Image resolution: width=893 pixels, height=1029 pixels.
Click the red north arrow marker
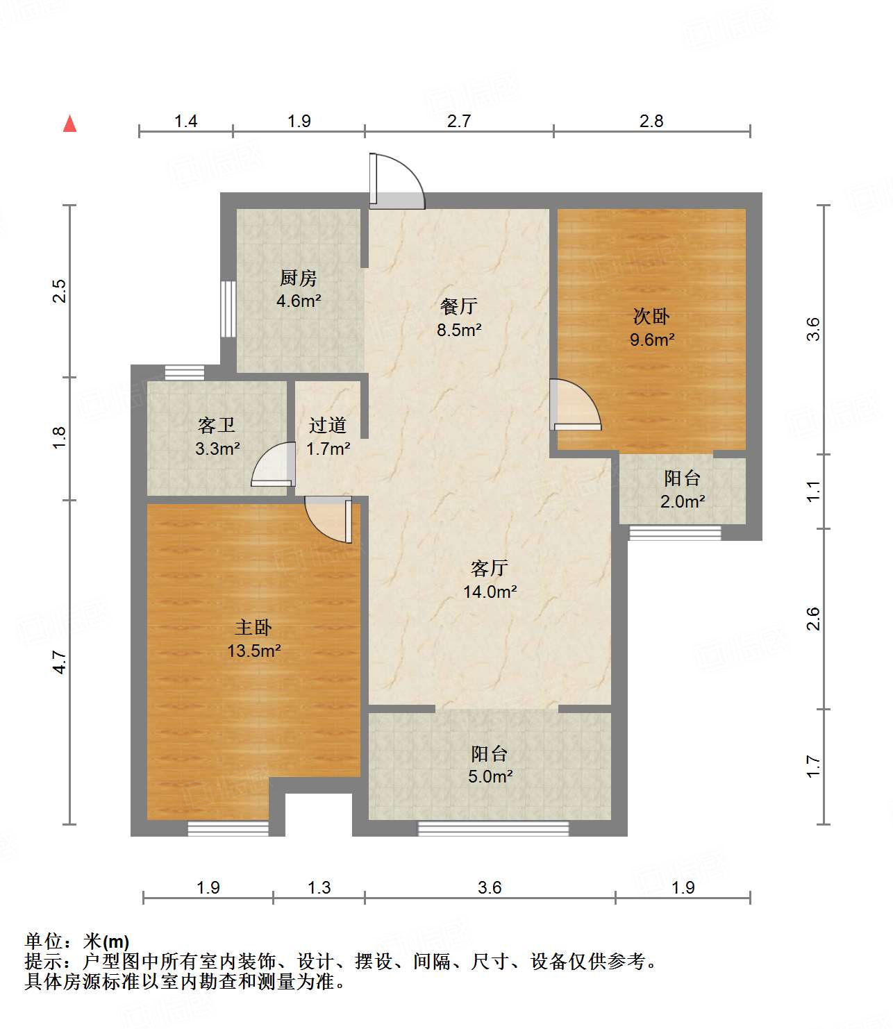[x=69, y=124]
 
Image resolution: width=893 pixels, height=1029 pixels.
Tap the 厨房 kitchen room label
[x=298, y=278]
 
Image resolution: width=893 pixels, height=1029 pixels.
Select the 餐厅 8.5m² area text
[x=459, y=330]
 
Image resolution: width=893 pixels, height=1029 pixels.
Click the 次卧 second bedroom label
[x=651, y=317]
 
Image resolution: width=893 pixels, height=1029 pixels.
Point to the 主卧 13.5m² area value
[x=254, y=651]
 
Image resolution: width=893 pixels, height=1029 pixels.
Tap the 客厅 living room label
[x=490, y=569]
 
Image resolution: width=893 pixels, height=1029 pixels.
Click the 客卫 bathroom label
[x=217, y=425]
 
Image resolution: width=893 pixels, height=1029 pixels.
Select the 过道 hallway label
[x=328, y=425]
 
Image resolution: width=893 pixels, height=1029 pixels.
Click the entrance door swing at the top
[x=396, y=182]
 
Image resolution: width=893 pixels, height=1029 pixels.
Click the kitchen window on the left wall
[x=228, y=309]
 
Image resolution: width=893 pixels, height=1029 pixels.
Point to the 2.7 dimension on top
[x=459, y=122]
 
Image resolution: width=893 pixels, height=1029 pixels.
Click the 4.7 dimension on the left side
[x=60, y=662]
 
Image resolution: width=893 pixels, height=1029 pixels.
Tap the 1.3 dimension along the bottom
[x=319, y=887]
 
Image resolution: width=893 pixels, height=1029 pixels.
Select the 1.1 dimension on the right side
[x=813, y=492]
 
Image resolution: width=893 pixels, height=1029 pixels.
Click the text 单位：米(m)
[x=77, y=942]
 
